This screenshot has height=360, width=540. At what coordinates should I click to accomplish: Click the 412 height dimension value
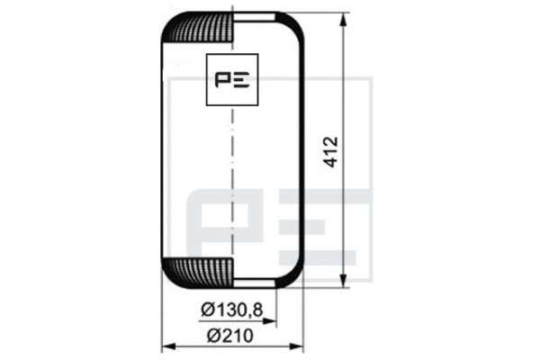tap(331, 152)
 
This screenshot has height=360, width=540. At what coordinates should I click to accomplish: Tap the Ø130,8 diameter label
tap(232, 310)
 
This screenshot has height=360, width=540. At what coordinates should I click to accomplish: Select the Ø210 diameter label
tap(230, 336)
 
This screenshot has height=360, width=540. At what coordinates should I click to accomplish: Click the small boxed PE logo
tap(232, 79)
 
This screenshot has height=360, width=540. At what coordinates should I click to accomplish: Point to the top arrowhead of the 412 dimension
tap(343, 19)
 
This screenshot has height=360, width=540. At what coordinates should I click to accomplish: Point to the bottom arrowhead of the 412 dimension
tap(343, 280)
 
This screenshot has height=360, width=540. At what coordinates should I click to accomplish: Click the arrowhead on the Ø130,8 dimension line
tap(269, 321)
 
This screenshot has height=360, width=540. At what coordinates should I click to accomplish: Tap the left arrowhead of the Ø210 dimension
tap(169, 346)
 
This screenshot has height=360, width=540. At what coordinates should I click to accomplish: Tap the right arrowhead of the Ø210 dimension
tap(296, 346)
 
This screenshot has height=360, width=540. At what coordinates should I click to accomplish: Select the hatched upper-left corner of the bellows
tap(198, 27)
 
